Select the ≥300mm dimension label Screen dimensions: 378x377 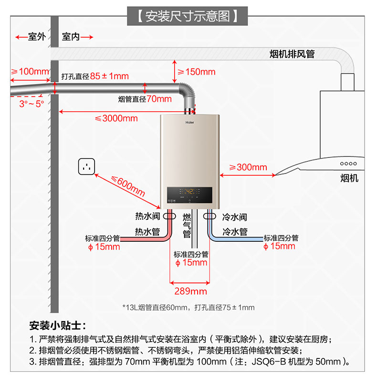click(x=248, y=167)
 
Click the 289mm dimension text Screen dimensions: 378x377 click(x=190, y=291)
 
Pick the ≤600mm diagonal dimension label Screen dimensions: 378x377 click(x=128, y=186)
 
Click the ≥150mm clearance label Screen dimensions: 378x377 click(x=196, y=72)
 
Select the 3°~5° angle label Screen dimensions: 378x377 click(x=31, y=103)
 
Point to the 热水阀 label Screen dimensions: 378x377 click(x=147, y=217)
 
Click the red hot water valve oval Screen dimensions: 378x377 click(x=169, y=216)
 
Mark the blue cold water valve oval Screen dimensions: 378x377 click(x=209, y=216)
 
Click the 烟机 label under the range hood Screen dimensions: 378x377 click(x=349, y=178)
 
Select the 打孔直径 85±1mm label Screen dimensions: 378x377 click(x=95, y=76)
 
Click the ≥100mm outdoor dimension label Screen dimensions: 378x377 click(x=30, y=72)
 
